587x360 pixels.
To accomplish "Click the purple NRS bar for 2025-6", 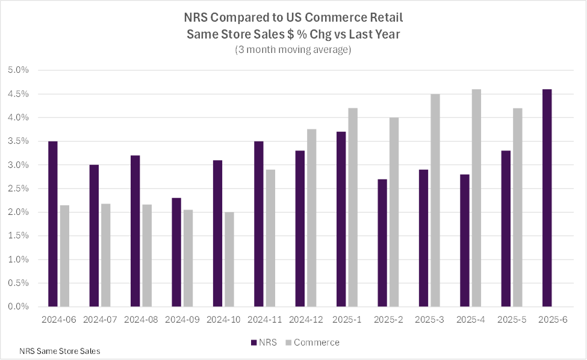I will click(547, 198).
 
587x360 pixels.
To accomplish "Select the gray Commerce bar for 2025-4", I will click(476, 198).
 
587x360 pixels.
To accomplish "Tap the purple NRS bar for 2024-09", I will click(176, 252).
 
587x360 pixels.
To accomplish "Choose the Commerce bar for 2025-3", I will click(435, 200).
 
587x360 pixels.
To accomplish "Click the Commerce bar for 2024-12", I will click(311, 218).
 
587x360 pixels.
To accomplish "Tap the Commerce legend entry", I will click(316, 343).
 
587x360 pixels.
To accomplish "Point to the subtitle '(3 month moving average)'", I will click(293, 50).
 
